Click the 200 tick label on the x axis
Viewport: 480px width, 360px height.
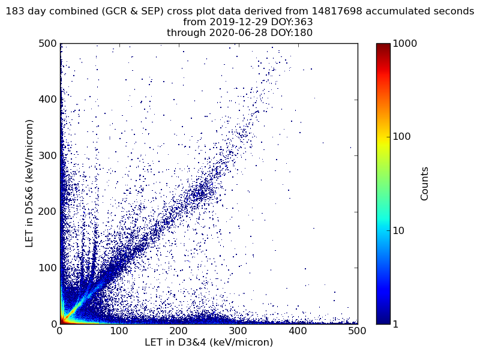pos(179,331)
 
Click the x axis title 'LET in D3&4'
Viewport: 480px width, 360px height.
pos(209,343)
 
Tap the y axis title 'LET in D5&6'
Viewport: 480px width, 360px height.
pos(29,183)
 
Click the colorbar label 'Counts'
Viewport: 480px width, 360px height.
pos(425,184)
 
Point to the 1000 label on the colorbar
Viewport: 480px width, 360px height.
pos(404,44)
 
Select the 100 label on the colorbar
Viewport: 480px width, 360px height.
pos(402,137)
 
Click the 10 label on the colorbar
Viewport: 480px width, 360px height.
pos(400,230)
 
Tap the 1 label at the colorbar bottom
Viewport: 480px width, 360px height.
pos(397,324)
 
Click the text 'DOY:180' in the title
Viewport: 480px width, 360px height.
pos(291,33)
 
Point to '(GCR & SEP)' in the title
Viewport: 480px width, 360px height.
pos(135,11)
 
